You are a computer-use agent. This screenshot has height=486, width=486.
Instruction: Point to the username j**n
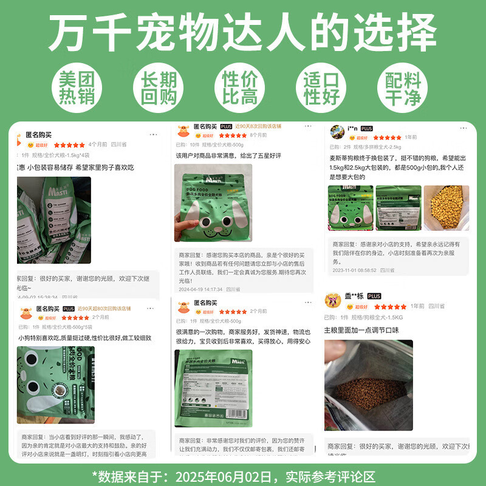pyautogui.click(x=352, y=129)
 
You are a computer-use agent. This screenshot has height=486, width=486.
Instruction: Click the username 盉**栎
pyautogui.click(x=354, y=296)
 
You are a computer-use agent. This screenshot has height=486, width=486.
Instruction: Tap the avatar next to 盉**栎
pyautogui.click(x=333, y=300)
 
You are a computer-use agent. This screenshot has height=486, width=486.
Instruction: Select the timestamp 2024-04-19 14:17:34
pyautogui.click(x=201, y=290)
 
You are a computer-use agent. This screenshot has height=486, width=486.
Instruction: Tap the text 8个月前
pyautogui.click(x=259, y=135)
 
